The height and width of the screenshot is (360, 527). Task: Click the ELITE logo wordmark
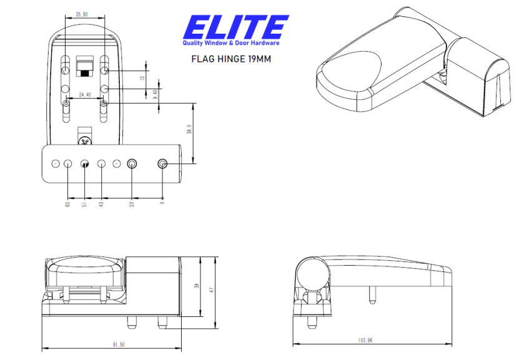click(235, 27)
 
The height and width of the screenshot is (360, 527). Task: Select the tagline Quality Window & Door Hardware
click(231, 43)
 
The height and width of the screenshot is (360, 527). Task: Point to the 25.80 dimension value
click(82, 13)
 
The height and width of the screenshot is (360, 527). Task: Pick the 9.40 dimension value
click(155, 94)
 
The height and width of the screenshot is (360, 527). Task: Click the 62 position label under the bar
click(67, 204)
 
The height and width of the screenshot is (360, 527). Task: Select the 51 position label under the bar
click(85, 204)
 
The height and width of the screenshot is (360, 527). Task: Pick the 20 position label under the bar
click(132, 204)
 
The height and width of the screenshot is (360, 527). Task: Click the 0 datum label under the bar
click(162, 203)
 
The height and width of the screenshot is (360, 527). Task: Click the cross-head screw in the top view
click(85, 142)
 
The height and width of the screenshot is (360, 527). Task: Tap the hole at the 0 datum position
click(162, 163)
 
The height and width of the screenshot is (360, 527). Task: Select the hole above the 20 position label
click(132, 163)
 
